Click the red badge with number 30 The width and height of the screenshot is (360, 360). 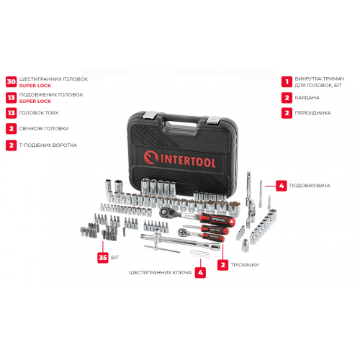coord(12,82)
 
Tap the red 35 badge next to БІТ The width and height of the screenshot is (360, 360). coord(103,258)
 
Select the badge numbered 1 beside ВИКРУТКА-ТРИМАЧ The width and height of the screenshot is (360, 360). coord(287,82)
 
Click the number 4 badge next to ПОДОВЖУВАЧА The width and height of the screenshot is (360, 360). coord(282,186)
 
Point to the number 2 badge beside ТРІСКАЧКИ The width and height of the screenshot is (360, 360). coord(222,265)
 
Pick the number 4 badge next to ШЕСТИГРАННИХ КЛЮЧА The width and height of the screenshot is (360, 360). coord(200,273)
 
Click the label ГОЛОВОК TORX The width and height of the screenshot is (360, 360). coord(39,113)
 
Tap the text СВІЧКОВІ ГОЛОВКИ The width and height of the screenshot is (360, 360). coord(44,129)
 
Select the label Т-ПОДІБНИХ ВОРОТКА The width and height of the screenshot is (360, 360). coord(48,145)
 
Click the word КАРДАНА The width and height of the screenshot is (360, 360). coord(307,98)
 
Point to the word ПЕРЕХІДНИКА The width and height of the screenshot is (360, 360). coord(312,113)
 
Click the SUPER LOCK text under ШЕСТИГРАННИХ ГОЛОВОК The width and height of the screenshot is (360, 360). coord(35,86)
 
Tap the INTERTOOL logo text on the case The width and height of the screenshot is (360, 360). coord(180,159)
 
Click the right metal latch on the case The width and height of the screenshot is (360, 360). coord(215,120)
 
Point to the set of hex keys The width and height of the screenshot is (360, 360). coord(200,254)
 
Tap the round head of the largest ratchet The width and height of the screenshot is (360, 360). coord(166,212)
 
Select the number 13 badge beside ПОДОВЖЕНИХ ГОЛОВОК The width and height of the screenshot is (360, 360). coord(12,98)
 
